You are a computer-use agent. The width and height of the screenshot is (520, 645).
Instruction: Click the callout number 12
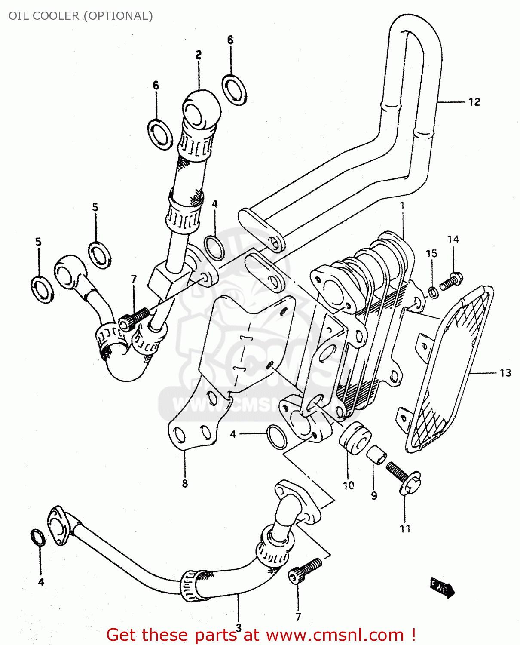(474, 102)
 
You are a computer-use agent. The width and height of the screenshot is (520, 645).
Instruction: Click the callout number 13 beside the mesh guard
(505, 373)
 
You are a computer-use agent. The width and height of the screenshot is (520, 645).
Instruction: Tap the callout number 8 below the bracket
(185, 483)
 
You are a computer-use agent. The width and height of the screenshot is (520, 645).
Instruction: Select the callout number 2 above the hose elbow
(198, 55)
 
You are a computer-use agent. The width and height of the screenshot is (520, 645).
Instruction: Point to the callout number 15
(431, 253)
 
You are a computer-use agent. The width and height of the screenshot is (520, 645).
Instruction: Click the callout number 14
(453, 239)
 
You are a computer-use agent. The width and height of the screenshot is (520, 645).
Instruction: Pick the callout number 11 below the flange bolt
(405, 528)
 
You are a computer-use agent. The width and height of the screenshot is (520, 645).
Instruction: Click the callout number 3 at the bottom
(239, 627)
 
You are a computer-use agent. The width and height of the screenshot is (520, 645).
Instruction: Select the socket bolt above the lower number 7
(306, 570)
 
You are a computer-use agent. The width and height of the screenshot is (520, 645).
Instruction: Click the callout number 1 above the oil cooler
(402, 206)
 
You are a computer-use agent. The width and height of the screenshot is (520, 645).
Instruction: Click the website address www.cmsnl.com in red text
(335, 635)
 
